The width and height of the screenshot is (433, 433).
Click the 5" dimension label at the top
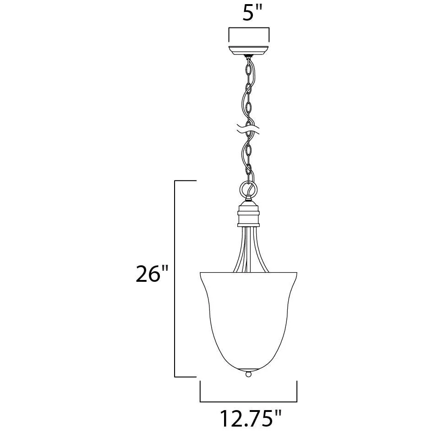coord(252,13)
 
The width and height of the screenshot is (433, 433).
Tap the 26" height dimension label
coord(152,274)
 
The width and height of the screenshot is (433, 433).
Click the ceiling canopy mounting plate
coord(248,50)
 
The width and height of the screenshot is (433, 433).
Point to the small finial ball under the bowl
coord(248,374)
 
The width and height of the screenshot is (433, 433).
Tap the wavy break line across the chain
coord(248,129)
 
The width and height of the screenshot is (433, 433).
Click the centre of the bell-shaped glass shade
coord(248,320)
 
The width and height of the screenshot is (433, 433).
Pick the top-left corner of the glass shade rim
coord(200,273)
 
